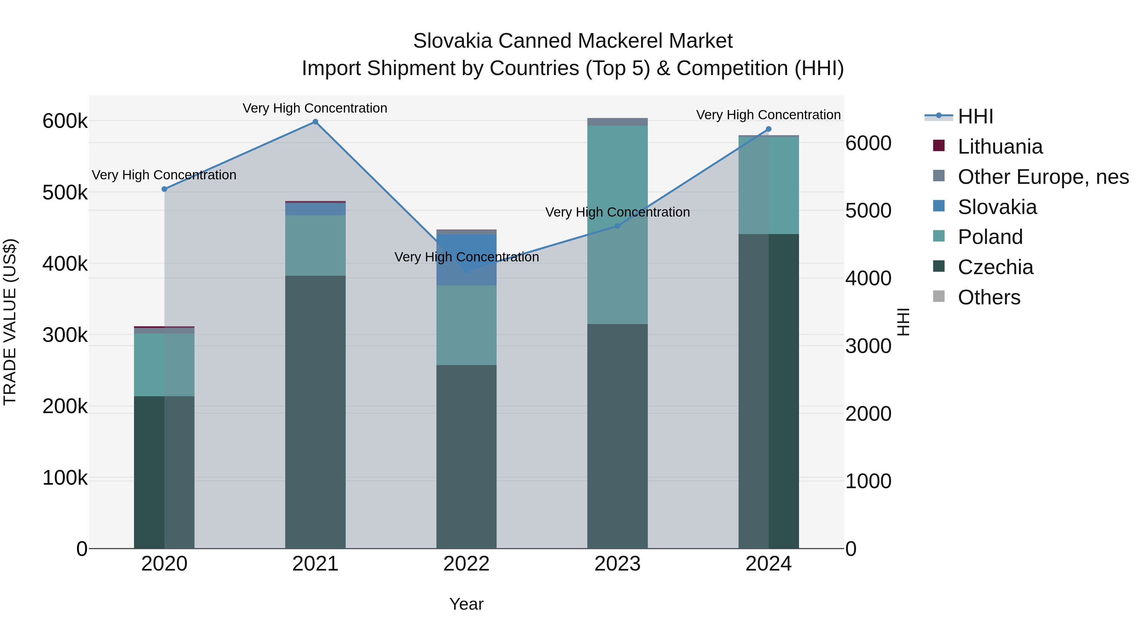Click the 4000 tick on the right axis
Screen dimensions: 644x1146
point(868,279)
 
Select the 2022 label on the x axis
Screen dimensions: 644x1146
point(466,564)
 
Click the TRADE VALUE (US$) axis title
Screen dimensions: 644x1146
point(10,322)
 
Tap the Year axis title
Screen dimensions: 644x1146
point(466,604)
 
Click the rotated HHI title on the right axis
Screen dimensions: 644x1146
point(903,322)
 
